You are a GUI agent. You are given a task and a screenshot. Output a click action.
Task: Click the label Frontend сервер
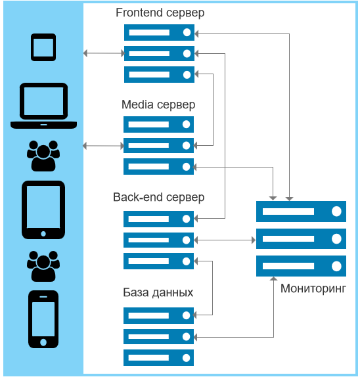coord(160,13)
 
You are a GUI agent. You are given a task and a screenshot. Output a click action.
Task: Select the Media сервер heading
coord(158,104)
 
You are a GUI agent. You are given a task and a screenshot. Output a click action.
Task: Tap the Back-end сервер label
coord(158,197)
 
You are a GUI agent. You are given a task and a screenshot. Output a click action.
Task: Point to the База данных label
coord(158,292)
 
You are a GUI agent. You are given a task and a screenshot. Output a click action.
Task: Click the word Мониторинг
coord(313,288)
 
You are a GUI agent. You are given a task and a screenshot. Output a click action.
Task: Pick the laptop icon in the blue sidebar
coord(43,106)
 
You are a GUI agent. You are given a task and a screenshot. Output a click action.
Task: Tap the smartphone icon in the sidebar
coord(43,319)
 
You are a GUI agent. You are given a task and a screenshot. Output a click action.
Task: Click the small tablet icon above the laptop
coord(43,47)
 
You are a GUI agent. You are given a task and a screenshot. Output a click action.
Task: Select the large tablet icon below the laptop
coord(43,210)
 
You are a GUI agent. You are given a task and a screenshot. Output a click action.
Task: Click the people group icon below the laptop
coord(43,156)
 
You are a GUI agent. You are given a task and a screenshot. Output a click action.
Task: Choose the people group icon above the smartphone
coord(43,266)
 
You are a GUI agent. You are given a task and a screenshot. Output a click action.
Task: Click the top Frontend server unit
coord(159,32)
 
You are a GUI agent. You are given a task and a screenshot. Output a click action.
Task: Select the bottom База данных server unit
coord(158,357)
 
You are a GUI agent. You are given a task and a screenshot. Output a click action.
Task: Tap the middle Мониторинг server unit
coord(302,239)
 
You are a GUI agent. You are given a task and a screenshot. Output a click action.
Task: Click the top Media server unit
coord(158,125)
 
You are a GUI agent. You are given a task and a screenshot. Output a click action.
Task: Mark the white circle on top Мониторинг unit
coord(336,212)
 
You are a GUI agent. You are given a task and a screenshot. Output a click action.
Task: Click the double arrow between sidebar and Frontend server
coord(104,53)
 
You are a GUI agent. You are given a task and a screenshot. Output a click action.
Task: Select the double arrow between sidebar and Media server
coord(103,146)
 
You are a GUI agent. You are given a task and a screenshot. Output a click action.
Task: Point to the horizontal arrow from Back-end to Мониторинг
coord(225,240)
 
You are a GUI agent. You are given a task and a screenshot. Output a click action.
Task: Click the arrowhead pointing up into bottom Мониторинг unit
coord(273,279)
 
